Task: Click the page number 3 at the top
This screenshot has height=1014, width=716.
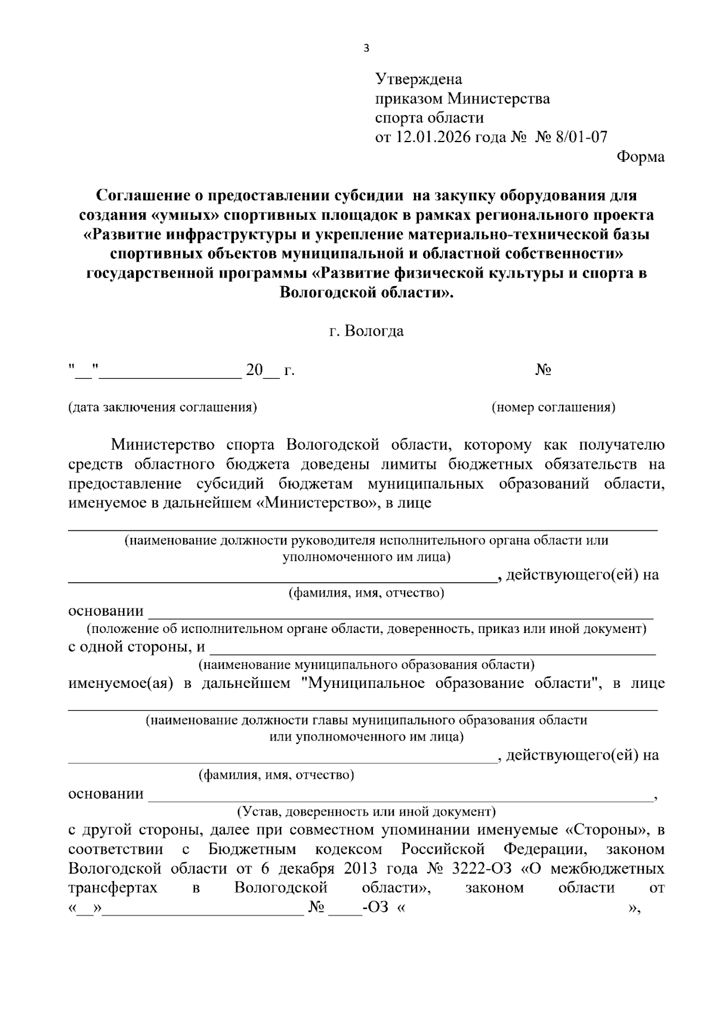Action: tap(366, 49)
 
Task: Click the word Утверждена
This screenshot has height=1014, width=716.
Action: tap(418, 79)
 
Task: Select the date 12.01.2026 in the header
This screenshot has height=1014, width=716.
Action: tap(432, 137)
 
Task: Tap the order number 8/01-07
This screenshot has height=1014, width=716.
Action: tap(581, 137)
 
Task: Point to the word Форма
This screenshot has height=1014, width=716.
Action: tap(640, 157)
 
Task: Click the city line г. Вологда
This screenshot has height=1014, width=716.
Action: tap(366, 331)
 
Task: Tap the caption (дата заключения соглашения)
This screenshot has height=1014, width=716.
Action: tap(162, 407)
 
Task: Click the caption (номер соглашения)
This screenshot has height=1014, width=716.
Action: tap(553, 407)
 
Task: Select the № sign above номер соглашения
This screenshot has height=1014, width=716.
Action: tap(543, 370)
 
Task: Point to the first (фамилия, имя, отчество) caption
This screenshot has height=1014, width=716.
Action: tap(366, 593)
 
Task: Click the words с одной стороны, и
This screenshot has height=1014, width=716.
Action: tap(137, 647)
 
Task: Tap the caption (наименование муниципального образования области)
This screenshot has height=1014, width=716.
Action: tap(366, 665)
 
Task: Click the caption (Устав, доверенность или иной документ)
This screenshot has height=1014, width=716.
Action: tap(366, 812)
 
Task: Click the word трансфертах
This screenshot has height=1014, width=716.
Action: tap(113, 887)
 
